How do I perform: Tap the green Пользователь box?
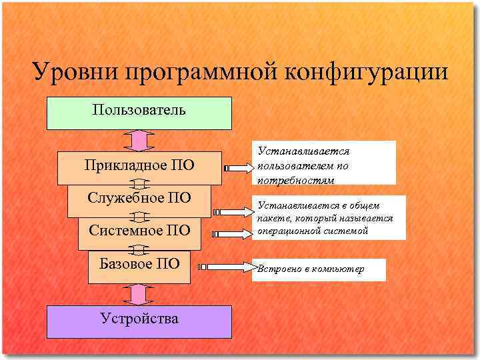139,113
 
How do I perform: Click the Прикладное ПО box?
139,166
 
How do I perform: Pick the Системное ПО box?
139,231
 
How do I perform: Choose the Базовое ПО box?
139,264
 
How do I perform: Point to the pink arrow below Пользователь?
139,141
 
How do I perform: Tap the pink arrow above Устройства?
139,294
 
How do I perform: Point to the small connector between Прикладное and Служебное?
139,184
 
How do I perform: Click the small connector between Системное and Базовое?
139,249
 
